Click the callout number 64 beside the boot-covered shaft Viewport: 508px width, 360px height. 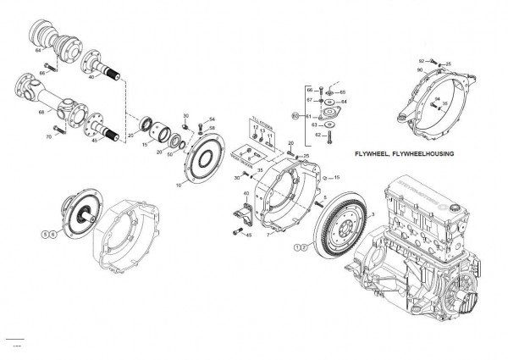click(38, 51)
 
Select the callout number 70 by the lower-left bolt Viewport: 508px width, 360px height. click(49, 136)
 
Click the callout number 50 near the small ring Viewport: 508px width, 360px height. click(171, 153)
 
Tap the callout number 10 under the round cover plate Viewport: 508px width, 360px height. click(179, 184)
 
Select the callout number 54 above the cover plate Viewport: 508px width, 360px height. click(212, 119)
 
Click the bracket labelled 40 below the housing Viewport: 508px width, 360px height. click(240, 214)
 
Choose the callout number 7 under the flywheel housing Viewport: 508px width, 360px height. click(267, 235)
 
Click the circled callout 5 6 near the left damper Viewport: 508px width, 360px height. click(48, 232)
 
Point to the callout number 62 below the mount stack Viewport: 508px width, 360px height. click(318, 135)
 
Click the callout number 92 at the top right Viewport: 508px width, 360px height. click(421, 61)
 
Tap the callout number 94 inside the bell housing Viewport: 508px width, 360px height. click(435, 100)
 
